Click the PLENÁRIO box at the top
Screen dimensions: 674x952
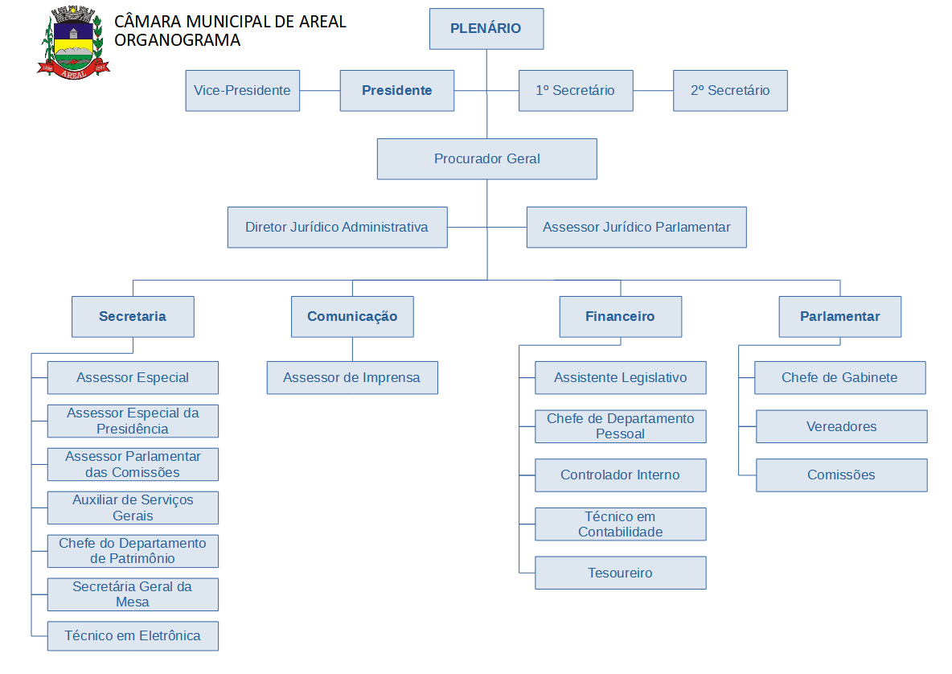click(486, 29)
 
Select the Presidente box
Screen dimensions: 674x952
click(396, 91)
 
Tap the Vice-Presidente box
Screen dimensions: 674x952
click(242, 91)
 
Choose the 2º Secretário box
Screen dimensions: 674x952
click(729, 91)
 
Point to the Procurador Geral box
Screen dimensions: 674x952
click(486, 159)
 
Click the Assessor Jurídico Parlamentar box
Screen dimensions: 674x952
click(636, 228)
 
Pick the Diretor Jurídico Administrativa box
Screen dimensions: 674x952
click(337, 228)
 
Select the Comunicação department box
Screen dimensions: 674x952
click(352, 317)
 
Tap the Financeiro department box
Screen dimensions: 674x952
click(620, 317)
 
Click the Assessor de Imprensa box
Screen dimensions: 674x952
click(352, 378)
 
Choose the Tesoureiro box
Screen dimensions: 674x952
click(620, 573)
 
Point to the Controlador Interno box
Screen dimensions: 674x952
click(620, 475)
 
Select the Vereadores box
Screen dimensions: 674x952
click(841, 427)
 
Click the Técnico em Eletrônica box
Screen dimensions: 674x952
click(133, 636)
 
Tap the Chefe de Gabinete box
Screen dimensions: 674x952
click(839, 378)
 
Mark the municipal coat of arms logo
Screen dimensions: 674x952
click(72, 42)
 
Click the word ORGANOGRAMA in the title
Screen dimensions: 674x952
click(178, 40)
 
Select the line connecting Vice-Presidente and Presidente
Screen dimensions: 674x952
click(320, 91)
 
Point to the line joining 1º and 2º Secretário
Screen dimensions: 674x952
click(653, 91)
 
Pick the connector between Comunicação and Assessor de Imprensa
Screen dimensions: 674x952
click(352, 349)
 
